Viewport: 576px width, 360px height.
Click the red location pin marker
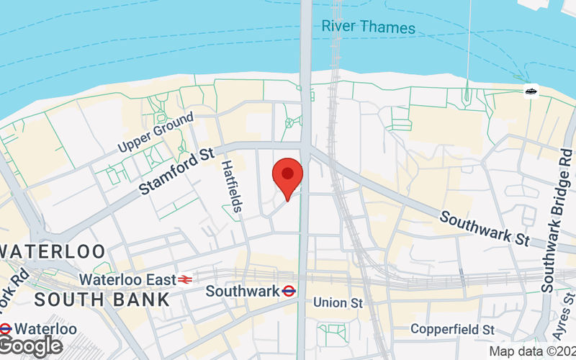coord(288,175)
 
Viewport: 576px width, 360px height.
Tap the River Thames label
coord(368,27)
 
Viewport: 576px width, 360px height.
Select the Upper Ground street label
coord(156,132)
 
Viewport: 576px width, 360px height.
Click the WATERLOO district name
coord(54,252)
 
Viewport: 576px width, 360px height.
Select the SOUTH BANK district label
coord(102,299)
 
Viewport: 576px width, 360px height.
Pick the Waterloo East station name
coord(127,279)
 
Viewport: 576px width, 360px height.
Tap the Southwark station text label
coord(242,292)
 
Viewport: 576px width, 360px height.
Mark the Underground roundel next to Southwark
coord(289,292)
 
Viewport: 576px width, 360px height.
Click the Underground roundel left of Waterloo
coord(5,329)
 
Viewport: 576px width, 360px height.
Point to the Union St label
coord(338,303)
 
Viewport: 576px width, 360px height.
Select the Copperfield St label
coord(452,329)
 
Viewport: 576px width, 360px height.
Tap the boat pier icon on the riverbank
coord(531,91)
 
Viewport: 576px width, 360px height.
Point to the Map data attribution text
coord(532,351)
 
